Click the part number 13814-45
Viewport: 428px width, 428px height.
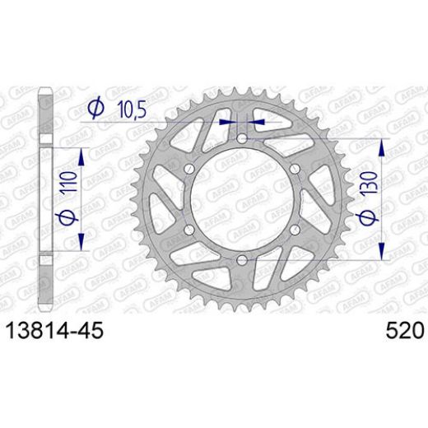(55, 331)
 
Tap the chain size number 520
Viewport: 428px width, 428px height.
(404, 331)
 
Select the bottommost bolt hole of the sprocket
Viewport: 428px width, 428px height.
(240, 262)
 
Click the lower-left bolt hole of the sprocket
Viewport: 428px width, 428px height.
(187, 231)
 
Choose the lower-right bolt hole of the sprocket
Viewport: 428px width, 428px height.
(292, 231)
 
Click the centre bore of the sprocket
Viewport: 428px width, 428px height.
(240, 201)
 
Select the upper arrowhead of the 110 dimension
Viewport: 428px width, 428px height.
(82, 156)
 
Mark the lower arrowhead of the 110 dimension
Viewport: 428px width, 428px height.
(82, 245)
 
